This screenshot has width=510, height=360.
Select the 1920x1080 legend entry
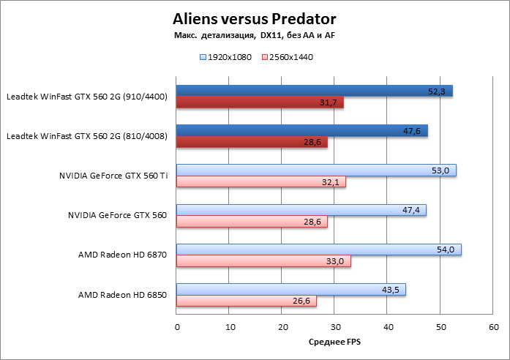point(226,57)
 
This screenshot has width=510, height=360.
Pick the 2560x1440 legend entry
point(287,57)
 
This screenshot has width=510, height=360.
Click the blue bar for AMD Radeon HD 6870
point(318,250)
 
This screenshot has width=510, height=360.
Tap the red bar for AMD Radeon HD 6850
point(247,301)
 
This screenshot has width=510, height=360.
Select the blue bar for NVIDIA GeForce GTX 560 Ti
point(316,170)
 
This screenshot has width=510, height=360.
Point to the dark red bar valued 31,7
point(260,102)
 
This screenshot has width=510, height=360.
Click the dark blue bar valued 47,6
point(301,131)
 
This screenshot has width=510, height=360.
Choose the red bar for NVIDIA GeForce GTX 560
point(252,222)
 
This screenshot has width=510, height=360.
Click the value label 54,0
point(446,250)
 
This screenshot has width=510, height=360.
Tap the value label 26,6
point(301,301)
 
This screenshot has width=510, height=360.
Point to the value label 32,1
point(331,182)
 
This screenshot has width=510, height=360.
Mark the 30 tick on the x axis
point(335,327)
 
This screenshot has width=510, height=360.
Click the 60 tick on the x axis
point(493,327)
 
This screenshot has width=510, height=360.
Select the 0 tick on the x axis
point(176,327)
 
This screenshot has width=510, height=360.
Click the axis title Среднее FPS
point(335,342)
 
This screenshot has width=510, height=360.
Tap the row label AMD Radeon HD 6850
point(123,295)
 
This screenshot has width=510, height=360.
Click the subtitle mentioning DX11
point(255,35)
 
